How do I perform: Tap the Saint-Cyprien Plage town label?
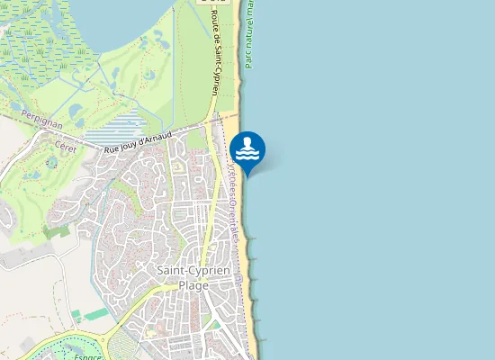(193, 277)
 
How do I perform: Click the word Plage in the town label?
(193, 285)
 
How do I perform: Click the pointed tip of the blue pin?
(247, 174)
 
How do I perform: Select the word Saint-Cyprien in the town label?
(193, 270)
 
